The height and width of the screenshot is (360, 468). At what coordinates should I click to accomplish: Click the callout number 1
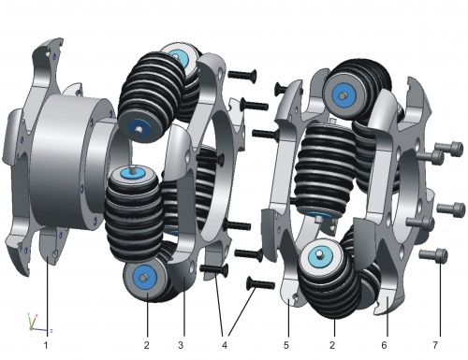point(46,345)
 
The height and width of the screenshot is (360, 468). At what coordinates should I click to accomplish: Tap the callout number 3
point(181,345)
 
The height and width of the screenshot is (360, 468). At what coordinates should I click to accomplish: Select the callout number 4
point(225,345)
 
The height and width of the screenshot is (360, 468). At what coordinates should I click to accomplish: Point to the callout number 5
point(286,345)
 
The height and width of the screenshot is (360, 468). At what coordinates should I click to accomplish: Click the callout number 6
point(384,345)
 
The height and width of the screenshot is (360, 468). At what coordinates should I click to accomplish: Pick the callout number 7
point(435,345)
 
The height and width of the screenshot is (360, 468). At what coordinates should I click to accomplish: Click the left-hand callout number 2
point(147,345)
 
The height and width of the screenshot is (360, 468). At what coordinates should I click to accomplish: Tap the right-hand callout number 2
point(332,345)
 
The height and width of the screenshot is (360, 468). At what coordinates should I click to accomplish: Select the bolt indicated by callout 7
point(433,255)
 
